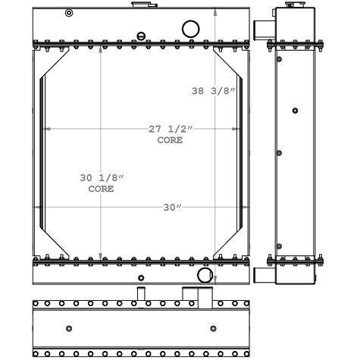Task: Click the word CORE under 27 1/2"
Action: (171, 140)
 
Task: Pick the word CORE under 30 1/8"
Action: (102, 189)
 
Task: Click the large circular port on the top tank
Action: (190, 29)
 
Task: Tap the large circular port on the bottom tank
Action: (205, 274)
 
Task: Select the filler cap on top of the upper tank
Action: (140, 5)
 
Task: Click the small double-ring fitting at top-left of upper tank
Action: (70, 13)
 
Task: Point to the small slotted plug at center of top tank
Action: (141, 35)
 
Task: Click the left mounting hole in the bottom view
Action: (70, 328)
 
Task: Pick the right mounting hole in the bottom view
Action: (212, 328)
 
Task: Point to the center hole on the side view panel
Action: (295, 111)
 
